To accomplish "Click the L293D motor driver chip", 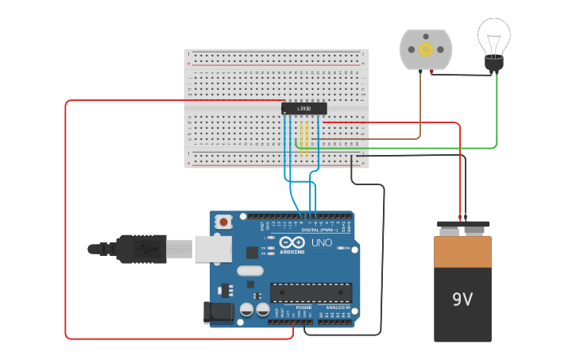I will pos(304,108).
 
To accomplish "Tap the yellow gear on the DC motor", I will pos(426,49).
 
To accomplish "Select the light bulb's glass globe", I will pos(493,35).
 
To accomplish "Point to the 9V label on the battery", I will pos(462,300).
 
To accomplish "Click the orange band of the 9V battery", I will pos(462,252).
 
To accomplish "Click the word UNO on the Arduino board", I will pos(322,242).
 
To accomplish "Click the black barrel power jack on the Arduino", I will pos(218,312).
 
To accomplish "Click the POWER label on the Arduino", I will pos(303,307).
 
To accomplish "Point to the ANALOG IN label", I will pos(338,307).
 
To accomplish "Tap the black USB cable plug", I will pos(143,248).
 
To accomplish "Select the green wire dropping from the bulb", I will pos(497,111).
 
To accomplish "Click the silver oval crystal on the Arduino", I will pos(249,271).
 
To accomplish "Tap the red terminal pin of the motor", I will pos(431,72).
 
